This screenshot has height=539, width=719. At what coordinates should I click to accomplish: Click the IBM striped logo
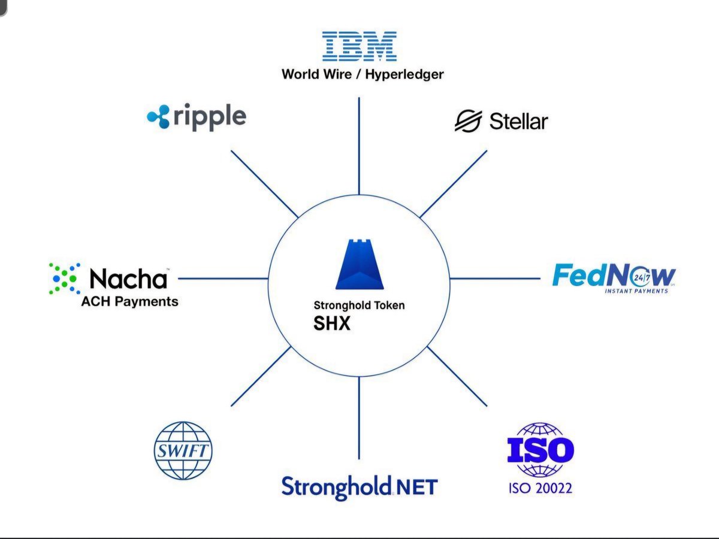tap(359, 47)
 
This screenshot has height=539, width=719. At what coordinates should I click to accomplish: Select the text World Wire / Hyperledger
tap(362, 75)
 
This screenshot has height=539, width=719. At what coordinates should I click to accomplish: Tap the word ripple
tap(210, 117)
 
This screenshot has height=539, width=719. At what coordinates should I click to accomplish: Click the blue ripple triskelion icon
tap(159, 117)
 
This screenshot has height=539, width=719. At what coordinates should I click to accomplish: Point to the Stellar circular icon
tap(468, 121)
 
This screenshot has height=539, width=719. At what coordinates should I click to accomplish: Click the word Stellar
tap(518, 122)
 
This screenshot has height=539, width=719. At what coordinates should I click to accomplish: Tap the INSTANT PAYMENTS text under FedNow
tap(636, 291)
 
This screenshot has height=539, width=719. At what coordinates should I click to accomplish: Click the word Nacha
tap(128, 278)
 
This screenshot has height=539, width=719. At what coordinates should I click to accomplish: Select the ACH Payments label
tap(129, 301)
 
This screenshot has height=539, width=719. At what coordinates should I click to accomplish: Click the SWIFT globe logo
tap(183, 451)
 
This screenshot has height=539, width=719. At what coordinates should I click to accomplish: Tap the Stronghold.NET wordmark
tap(359, 487)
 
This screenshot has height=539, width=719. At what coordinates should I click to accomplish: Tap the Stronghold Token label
tap(359, 305)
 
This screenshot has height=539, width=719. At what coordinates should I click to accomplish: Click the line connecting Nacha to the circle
tap(223, 278)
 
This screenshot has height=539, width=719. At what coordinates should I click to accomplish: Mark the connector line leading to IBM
tap(359, 147)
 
